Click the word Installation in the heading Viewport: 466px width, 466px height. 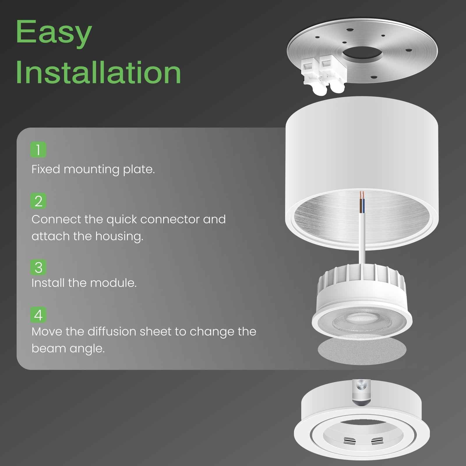pyautogui.click(x=98, y=73)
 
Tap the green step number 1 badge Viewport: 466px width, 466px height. pyautogui.click(x=38, y=150)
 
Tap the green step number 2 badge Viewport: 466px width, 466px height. pyautogui.click(x=38, y=201)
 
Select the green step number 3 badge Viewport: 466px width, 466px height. pyautogui.click(x=38, y=267)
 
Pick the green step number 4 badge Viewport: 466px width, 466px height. pyautogui.click(x=38, y=315)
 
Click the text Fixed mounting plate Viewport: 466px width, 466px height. pyautogui.click(x=93, y=169)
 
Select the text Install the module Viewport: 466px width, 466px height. pyautogui.click(x=84, y=283)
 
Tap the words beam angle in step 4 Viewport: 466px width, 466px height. pyautogui.click(x=68, y=348)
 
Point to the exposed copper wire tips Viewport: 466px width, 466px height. pyautogui.click(x=362, y=195)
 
